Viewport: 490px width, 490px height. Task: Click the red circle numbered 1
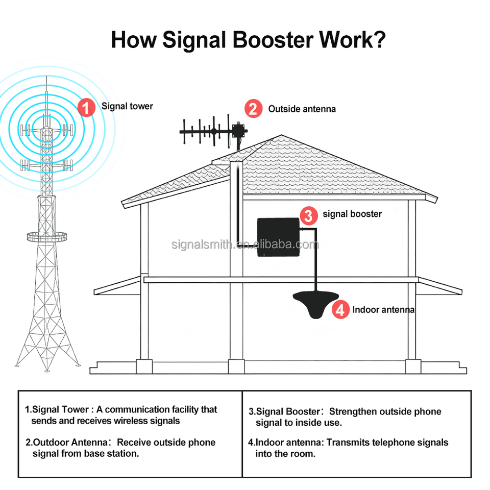(86, 108)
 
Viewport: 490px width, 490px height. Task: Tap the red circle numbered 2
(253, 109)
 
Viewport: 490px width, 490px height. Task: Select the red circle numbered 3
(308, 215)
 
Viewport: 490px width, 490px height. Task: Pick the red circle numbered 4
(340, 309)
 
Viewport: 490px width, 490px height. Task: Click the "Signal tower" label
(127, 106)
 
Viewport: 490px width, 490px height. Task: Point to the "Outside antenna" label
(302, 109)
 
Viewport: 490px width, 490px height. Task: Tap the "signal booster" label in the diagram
(352, 214)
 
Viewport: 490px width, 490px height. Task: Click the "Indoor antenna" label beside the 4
(383, 309)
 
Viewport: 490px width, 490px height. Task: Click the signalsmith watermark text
(245, 244)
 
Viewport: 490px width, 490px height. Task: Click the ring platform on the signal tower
(47, 237)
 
